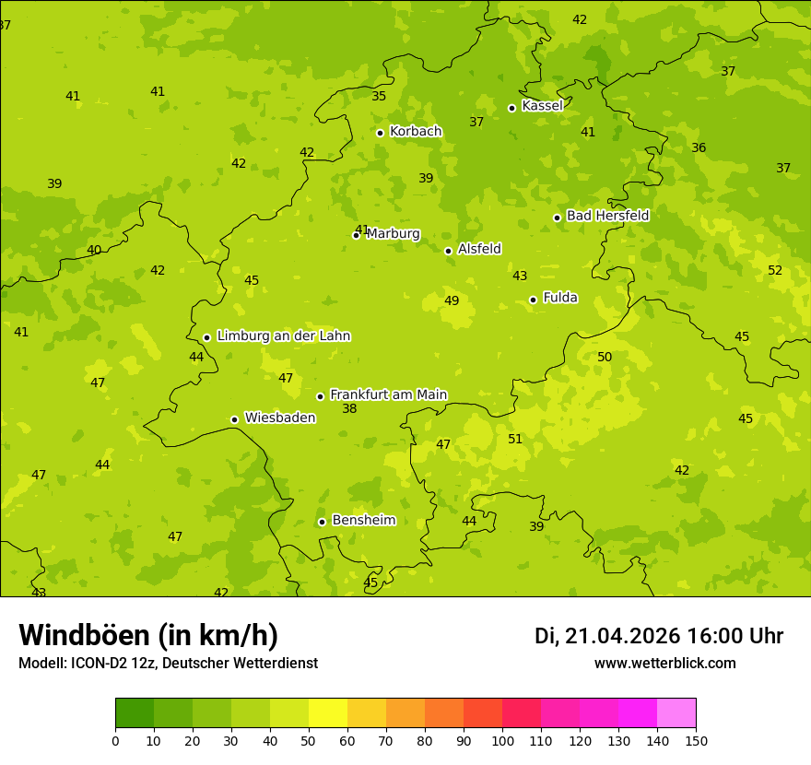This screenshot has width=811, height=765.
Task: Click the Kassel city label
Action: [542, 106]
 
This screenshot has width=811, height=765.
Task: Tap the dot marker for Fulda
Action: [533, 300]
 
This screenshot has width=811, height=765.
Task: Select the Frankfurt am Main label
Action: [388, 394]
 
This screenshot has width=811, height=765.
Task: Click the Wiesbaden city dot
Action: [234, 419]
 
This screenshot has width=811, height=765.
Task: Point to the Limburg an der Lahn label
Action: [283, 336]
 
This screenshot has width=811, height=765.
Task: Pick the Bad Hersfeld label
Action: [607, 216]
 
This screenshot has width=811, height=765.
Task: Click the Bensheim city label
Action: [363, 521]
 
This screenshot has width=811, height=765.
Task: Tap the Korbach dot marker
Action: [380, 133]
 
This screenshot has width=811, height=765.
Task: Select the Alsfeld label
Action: [479, 249]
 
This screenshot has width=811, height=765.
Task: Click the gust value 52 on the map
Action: [775, 271]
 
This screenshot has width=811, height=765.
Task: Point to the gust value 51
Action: [515, 440]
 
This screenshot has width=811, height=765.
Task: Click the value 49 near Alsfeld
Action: [452, 301]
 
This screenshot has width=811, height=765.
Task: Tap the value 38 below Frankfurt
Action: [349, 409]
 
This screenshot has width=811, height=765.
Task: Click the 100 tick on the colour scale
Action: [502, 740]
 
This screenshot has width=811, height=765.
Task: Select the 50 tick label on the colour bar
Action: [309, 740]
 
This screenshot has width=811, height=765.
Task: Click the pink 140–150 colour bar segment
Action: [676, 713]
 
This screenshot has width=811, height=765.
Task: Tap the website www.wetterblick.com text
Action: [664, 664]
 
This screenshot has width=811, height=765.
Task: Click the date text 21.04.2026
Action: [623, 636]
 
